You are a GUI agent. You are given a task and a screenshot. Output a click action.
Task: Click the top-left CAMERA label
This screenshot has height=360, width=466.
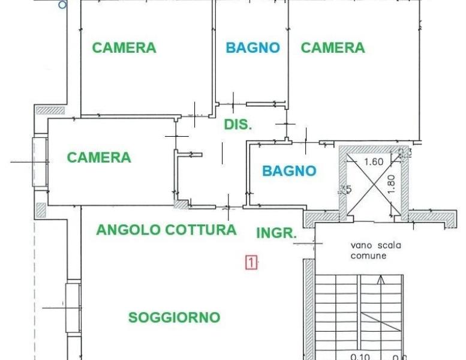124,48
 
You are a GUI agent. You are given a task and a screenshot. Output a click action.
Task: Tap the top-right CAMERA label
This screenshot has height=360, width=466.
333,48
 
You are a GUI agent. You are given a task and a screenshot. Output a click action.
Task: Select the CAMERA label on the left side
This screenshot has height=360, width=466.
99,158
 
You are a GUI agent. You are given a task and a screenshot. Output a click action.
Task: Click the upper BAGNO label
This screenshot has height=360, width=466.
252,48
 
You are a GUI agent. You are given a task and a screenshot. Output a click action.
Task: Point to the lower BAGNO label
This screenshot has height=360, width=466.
289,171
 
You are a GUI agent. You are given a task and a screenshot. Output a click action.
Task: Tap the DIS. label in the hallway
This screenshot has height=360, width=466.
238,125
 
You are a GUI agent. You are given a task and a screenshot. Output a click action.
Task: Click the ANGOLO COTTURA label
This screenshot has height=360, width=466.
167,230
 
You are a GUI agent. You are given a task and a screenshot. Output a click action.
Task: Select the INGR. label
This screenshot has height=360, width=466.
276,233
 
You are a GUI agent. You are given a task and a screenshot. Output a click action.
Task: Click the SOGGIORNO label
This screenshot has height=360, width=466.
175,317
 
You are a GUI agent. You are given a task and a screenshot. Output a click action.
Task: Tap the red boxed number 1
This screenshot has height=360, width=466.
252,262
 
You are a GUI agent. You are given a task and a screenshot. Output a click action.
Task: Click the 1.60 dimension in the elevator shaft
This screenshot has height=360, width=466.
373,161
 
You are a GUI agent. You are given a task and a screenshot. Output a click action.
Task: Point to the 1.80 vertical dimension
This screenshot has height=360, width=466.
391,184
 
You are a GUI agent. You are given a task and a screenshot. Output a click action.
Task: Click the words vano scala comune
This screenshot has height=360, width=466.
376,250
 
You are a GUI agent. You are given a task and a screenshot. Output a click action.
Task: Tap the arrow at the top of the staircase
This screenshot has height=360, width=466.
381,279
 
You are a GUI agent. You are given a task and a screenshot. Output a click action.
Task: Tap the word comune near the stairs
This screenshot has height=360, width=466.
369,256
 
